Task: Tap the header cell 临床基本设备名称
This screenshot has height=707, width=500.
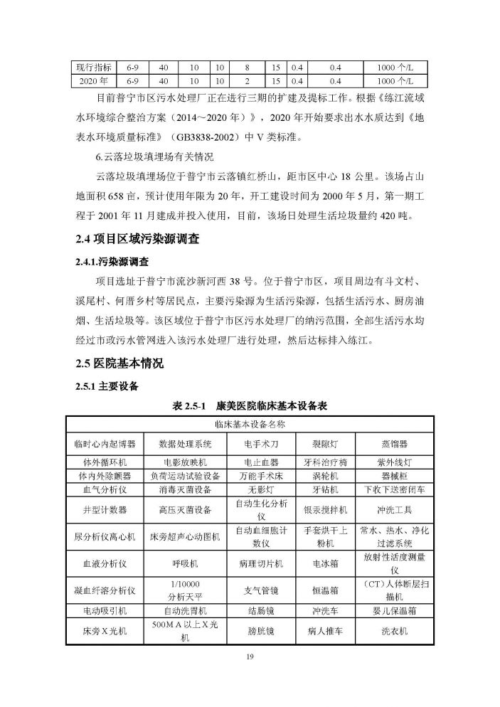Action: coord(250,425)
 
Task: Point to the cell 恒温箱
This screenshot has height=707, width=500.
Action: coord(325,590)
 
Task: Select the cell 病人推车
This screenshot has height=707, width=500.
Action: coord(325,631)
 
